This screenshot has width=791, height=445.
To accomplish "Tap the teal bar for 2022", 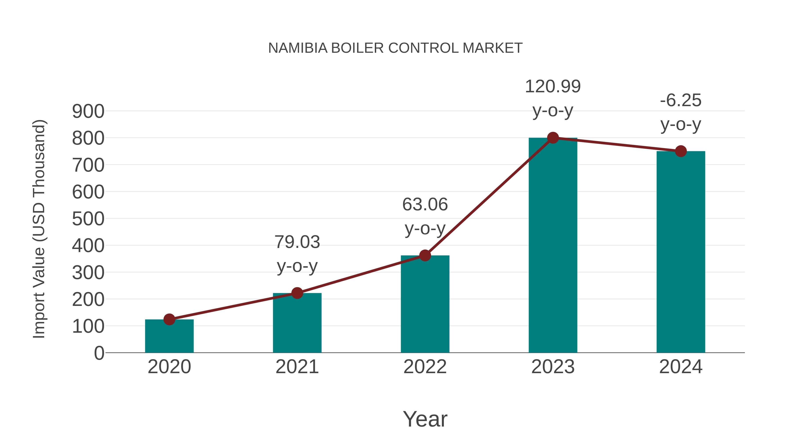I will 425,304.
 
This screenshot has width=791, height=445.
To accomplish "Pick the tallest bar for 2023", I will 553,246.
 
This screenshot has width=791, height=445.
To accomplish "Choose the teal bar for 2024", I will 681,252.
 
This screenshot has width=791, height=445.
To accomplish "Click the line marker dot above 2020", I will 169,319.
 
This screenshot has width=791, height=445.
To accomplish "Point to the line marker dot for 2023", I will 553,138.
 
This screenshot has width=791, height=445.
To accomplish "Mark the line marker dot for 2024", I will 681,151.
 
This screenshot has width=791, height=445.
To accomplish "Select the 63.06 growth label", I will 425,205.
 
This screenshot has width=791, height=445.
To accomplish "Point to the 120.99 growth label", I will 553,86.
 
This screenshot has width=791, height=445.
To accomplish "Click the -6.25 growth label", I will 681,100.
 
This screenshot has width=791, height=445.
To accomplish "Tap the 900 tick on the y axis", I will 88,111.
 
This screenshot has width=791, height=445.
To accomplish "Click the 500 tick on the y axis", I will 88,219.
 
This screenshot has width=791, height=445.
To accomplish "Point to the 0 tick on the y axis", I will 99,353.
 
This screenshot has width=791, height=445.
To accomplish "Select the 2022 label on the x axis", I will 425,367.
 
